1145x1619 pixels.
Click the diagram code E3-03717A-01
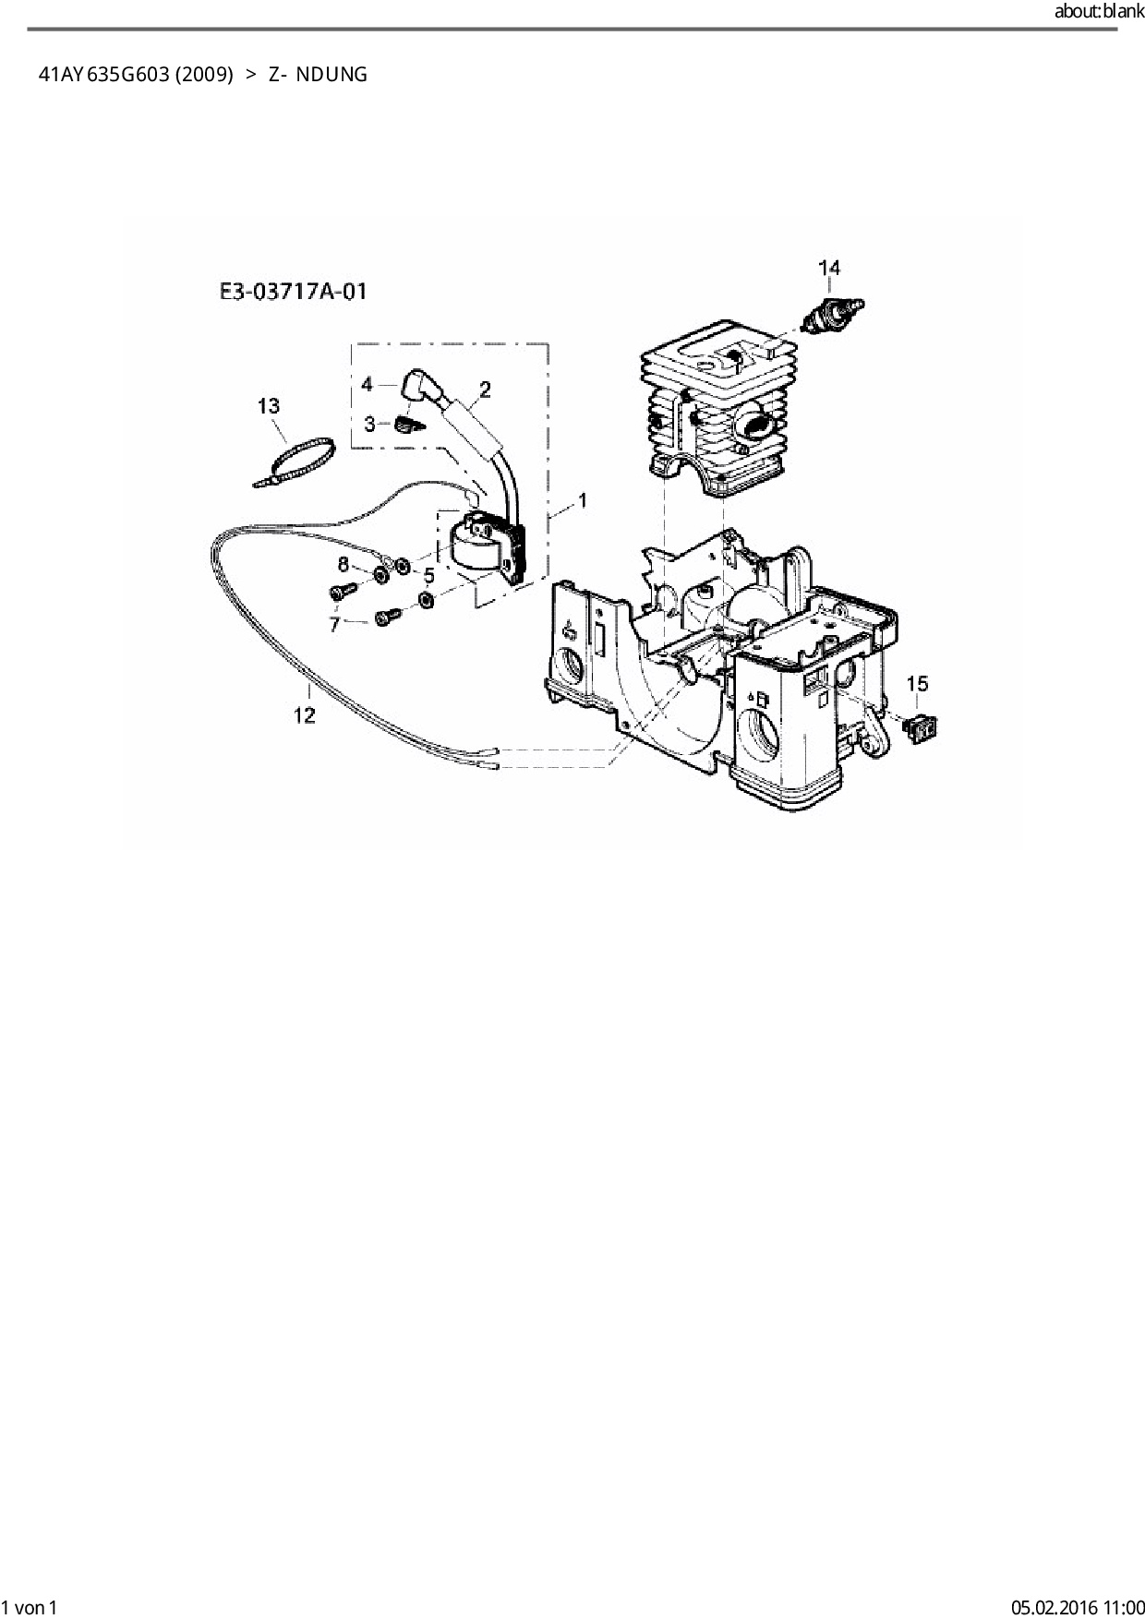293,292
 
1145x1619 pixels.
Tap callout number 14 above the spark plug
829,268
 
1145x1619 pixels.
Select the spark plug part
834,316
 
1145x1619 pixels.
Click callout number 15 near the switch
917,684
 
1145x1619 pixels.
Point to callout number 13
268,405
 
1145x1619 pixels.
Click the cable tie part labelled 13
295,462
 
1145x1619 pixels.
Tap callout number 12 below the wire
305,714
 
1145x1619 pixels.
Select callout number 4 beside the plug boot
367,383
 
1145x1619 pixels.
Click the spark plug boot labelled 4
421,387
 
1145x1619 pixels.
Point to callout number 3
369,424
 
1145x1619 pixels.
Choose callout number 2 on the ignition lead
485,389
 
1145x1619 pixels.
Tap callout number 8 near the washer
343,564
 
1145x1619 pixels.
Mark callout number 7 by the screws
335,624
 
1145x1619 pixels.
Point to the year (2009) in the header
204,75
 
